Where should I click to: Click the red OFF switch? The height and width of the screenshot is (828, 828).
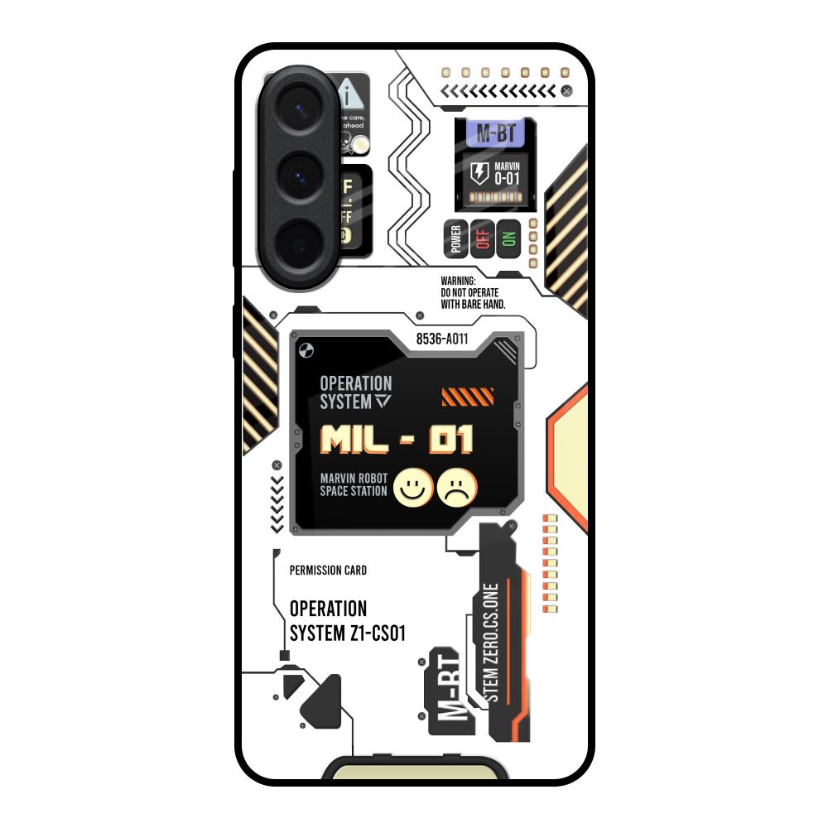click(x=482, y=239)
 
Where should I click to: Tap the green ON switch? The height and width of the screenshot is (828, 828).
click(x=508, y=239)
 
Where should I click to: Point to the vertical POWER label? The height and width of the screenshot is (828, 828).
click(x=455, y=239)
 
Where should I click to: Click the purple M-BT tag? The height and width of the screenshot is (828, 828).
click(x=495, y=132)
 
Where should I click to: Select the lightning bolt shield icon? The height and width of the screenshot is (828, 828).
click(x=479, y=174)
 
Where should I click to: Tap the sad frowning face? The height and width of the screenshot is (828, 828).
click(x=456, y=488)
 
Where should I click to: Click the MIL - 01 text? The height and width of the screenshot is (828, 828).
click(x=397, y=440)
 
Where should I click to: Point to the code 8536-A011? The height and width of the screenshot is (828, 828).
click(x=443, y=339)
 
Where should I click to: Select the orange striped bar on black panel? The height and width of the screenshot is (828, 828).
click(x=468, y=397)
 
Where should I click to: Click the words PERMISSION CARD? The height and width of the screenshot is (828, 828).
click(x=328, y=570)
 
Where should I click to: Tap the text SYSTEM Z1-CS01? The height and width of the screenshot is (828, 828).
click(x=347, y=633)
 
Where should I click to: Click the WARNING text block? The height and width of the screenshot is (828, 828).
click(x=473, y=293)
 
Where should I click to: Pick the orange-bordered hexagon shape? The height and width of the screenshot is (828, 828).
click(x=571, y=455)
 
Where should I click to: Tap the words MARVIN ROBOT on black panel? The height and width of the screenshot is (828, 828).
click(x=353, y=478)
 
